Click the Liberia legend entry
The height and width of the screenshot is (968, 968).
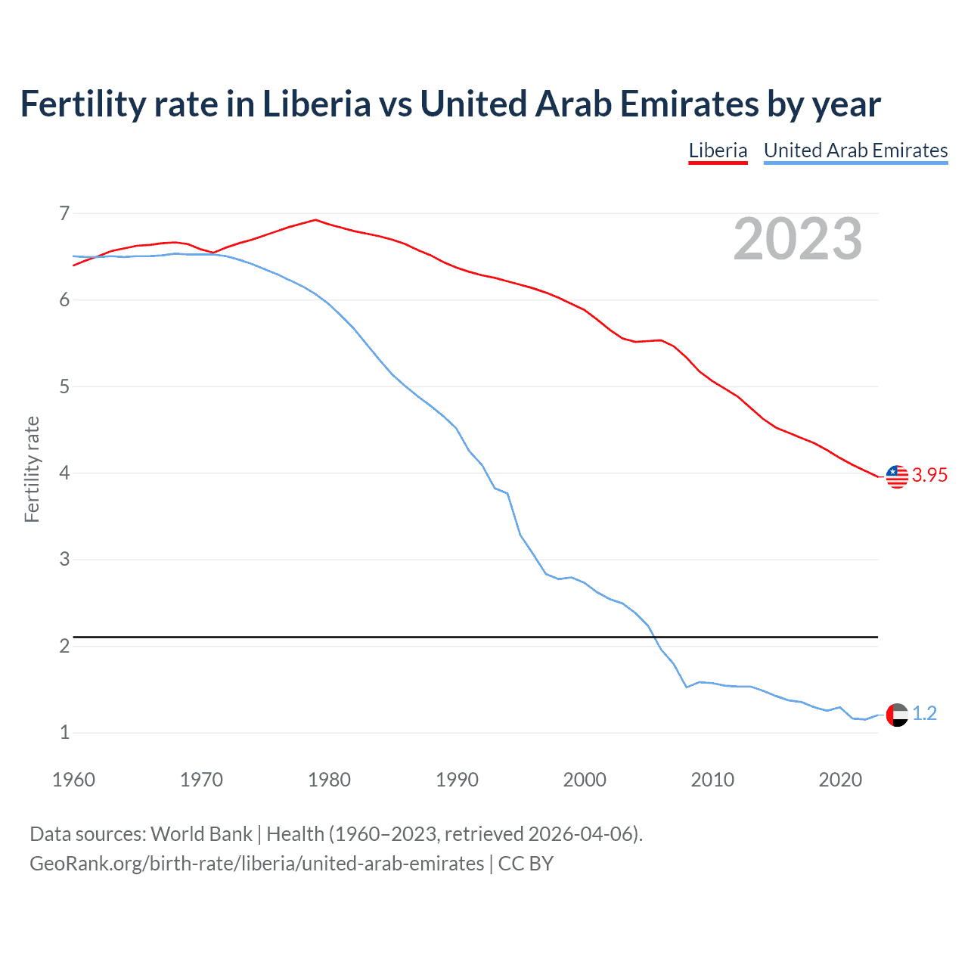point(718,150)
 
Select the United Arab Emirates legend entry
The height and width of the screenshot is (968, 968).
point(855,150)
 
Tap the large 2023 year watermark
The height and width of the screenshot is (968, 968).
point(797,240)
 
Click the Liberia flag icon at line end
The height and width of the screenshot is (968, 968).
point(897,476)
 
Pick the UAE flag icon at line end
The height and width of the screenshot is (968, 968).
point(897,714)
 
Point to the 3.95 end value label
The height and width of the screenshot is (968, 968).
point(929,475)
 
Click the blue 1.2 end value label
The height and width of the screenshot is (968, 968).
point(924,713)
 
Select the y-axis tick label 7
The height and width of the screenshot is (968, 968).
point(64,214)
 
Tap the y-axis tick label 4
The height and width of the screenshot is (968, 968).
point(64,473)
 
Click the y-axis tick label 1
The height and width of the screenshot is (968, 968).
point(64,733)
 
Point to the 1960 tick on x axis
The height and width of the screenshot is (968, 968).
point(73,780)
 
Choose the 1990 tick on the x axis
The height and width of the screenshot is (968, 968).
point(457,780)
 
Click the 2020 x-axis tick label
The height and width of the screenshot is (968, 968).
point(840,780)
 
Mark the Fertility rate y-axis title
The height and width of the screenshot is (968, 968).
point(32,469)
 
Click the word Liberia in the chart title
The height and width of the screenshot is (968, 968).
point(316,104)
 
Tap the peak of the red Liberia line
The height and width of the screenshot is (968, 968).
point(315,220)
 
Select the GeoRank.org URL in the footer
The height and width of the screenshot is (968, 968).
point(257,864)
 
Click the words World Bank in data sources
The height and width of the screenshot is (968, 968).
point(201,834)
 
